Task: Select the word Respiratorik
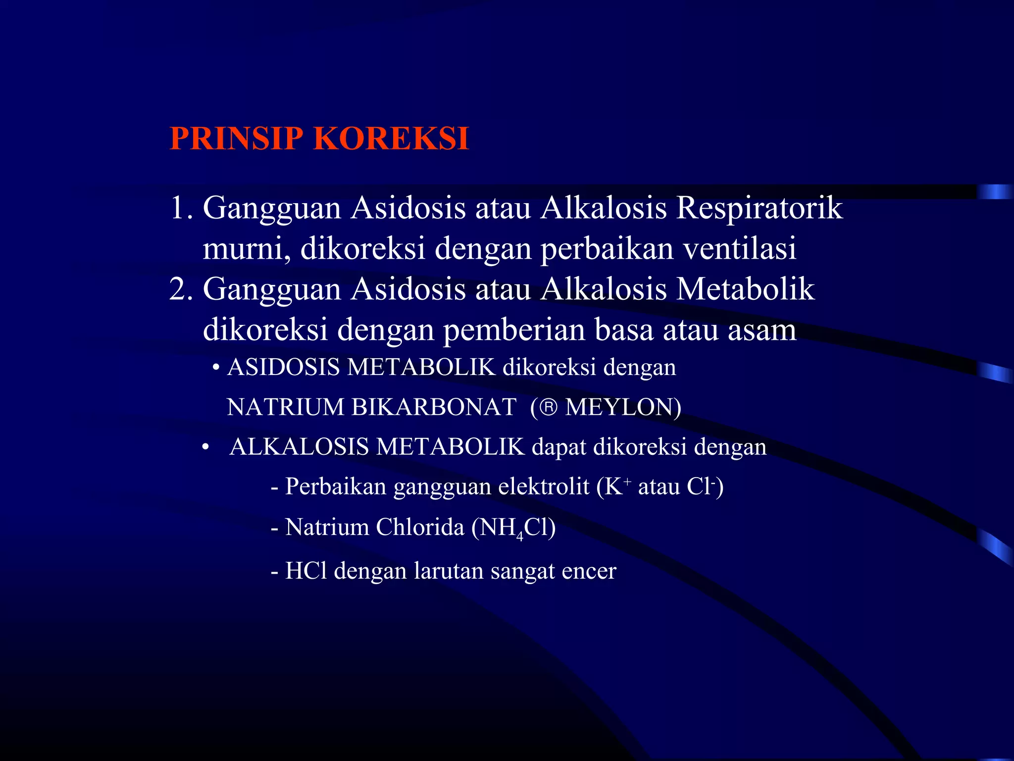pyautogui.click(x=759, y=209)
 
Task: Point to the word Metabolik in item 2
pyautogui.click(x=745, y=289)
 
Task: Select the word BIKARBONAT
pyautogui.click(x=434, y=407)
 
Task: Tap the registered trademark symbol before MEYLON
pyautogui.click(x=548, y=408)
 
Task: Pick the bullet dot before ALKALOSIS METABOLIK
pyautogui.click(x=205, y=447)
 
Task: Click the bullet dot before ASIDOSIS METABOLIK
pyautogui.click(x=216, y=368)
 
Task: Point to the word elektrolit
pyautogui.click(x=544, y=487)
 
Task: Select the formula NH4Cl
pyautogui.click(x=513, y=528)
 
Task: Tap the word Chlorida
pyautogui.click(x=420, y=527)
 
